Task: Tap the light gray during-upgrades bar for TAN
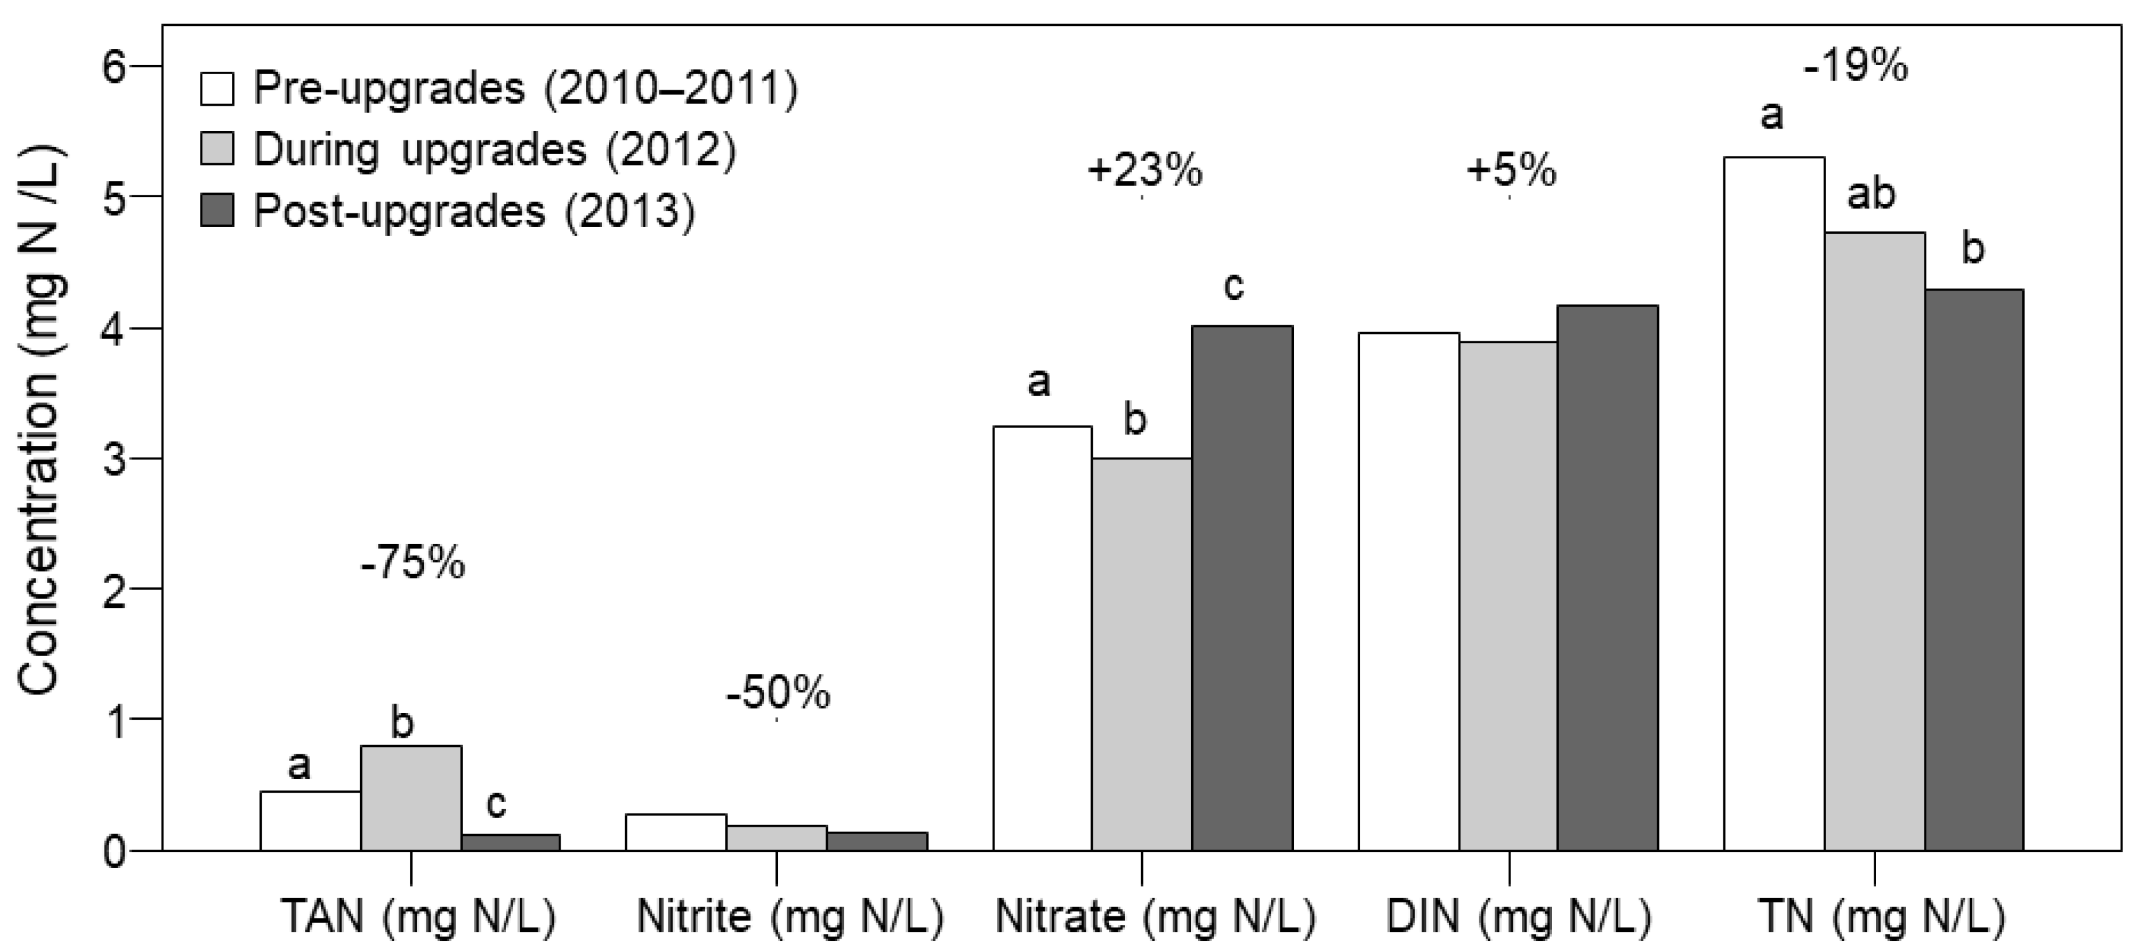(411, 798)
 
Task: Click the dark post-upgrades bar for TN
(1974, 569)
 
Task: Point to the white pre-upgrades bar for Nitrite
(676, 832)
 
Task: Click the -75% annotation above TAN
(413, 565)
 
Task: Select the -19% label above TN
(1855, 66)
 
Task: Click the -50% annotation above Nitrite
(778, 694)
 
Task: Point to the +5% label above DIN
(1511, 171)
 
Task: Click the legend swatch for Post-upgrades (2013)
(217, 211)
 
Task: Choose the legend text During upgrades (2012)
(494, 150)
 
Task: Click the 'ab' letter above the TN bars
(1871, 194)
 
